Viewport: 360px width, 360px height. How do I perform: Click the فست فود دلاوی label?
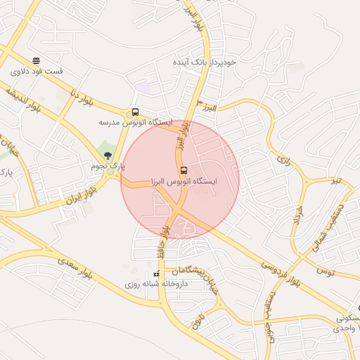(x=37, y=71)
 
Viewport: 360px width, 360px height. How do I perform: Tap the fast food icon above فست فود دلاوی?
(x=36, y=60)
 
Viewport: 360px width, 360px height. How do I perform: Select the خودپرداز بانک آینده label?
(x=205, y=62)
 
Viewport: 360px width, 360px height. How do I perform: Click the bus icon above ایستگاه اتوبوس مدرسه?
(x=134, y=112)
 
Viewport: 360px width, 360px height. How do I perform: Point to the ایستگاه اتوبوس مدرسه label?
(x=135, y=122)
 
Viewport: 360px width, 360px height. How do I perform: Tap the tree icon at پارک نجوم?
(x=108, y=155)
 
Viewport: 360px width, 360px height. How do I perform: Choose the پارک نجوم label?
(x=108, y=166)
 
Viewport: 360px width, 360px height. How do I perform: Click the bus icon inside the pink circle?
(x=184, y=170)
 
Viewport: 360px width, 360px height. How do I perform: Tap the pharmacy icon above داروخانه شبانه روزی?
(x=156, y=274)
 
